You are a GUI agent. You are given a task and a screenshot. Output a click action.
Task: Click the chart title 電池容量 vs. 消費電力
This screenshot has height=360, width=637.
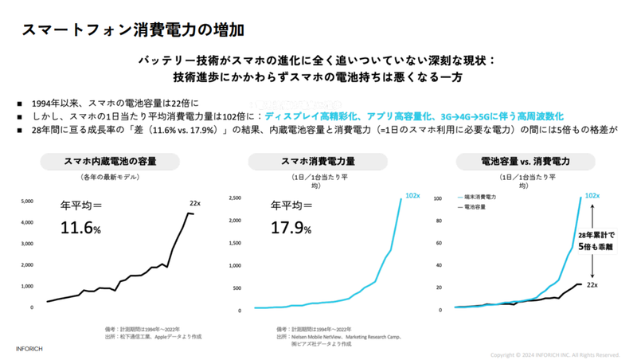526,161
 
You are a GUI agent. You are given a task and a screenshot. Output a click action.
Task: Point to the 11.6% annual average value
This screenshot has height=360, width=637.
80,229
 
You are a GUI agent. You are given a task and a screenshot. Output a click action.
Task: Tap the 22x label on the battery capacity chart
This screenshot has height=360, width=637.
196,203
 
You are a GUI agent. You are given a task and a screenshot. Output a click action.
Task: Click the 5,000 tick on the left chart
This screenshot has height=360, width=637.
26,201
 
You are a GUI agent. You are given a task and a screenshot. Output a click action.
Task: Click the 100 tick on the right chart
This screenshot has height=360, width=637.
436,197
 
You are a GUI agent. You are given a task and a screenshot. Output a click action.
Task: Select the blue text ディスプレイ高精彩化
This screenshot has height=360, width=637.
308,115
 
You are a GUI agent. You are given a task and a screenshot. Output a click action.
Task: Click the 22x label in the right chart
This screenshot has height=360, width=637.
592,284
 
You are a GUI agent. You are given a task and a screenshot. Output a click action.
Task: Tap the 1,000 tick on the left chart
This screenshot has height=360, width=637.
26,286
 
